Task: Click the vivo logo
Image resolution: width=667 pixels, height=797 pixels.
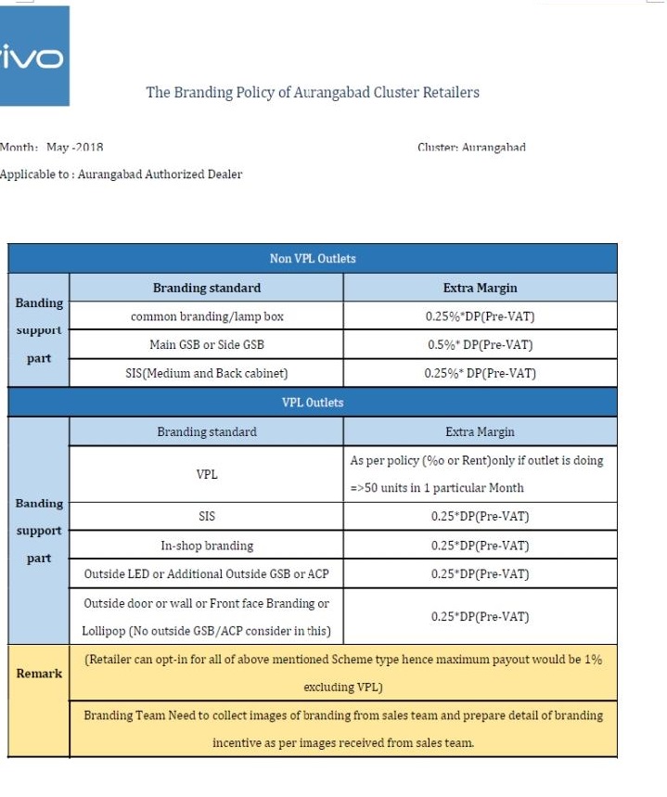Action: [x=34, y=58]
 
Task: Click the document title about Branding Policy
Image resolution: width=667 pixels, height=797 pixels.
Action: [x=313, y=93]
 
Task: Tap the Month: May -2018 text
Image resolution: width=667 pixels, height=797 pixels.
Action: [x=52, y=148]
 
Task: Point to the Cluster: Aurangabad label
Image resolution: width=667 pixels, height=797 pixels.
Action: [x=471, y=148]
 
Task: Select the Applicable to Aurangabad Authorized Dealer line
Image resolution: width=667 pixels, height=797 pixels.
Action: [x=122, y=174]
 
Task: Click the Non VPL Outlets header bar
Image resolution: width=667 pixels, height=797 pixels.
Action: [x=313, y=259]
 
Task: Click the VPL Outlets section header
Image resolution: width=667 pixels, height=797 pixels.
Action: [x=313, y=403]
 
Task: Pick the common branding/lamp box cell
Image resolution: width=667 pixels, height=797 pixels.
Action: [x=207, y=316]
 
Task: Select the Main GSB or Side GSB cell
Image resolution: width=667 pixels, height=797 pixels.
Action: [x=207, y=345]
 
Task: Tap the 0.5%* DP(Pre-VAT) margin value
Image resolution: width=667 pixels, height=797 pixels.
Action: [x=480, y=345]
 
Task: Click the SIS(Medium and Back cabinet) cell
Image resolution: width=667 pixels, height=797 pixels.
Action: [x=207, y=374]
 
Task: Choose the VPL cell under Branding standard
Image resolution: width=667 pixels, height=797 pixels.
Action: [x=207, y=474]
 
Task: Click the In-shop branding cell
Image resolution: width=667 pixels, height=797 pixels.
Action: [x=207, y=546]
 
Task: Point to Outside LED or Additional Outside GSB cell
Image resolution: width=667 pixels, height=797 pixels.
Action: [x=207, y=574]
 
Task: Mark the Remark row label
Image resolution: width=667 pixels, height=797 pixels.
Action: [x=39, y=674]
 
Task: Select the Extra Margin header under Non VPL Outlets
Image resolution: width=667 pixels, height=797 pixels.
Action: [x=480, y=288]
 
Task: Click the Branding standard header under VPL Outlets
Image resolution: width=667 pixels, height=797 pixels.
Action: [x=207, y=431]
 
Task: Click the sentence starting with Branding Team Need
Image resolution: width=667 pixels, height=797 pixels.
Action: [x=343, y=716]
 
